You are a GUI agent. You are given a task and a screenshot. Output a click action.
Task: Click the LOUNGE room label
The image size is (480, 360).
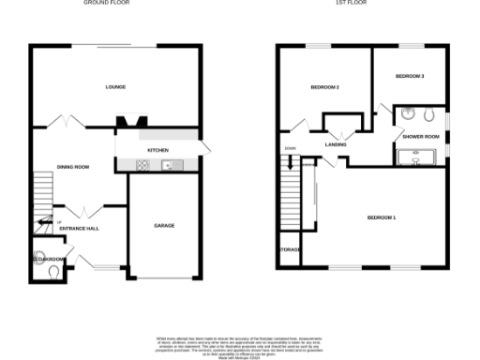pyautogui.click(x=115, y=87)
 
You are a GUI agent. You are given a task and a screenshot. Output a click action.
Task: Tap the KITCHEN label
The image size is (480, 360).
pyautogui.click(x=157, y=150)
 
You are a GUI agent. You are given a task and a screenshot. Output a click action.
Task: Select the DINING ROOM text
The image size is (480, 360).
pyautogui.click(x=73, y=167)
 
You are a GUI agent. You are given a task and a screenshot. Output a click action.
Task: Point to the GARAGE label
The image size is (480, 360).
pyautogui.click(x=164, y=226)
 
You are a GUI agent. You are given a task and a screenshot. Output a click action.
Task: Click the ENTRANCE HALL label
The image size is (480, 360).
pyautogui.click(x=79, y=228)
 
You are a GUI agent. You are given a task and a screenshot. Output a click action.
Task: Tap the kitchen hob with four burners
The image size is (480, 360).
pyautogui.click(x=142, y=166)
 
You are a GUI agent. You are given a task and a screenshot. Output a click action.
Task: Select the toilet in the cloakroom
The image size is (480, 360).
pyautogui.click(x=54, y=272)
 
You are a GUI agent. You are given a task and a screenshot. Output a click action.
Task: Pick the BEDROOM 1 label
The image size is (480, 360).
pyautogui.click(x=382, y=218)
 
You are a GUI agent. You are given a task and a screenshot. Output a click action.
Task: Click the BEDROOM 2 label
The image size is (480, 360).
pyautogui.click(x=324, y=87)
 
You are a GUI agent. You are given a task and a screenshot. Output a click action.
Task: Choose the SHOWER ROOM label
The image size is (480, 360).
pyautogui.click(x=420, y=137)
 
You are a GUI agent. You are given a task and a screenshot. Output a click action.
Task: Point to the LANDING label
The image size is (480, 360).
pyautogui.click(x=336, y=144)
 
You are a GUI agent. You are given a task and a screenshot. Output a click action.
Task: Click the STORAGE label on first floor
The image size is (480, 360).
pyautogui.click(x=289, y=250)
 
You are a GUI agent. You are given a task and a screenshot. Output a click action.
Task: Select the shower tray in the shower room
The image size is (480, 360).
pyautogui.click(x=419, y=158)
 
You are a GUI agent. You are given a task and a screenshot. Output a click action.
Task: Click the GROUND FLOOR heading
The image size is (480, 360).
pyautogui.click(x=107, y=4)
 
